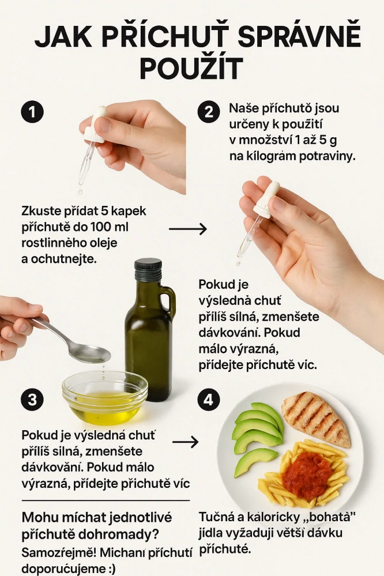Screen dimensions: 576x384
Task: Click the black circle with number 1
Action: point(32,112)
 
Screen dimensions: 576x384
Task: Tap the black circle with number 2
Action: point(208,112)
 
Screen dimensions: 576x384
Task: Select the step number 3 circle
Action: point(32,400)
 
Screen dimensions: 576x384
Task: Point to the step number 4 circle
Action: point(208,400)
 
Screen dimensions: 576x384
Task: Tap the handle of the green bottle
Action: point(168,303)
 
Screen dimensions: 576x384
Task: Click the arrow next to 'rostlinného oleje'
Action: point(187,229)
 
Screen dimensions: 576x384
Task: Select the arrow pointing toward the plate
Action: point(185,442)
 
